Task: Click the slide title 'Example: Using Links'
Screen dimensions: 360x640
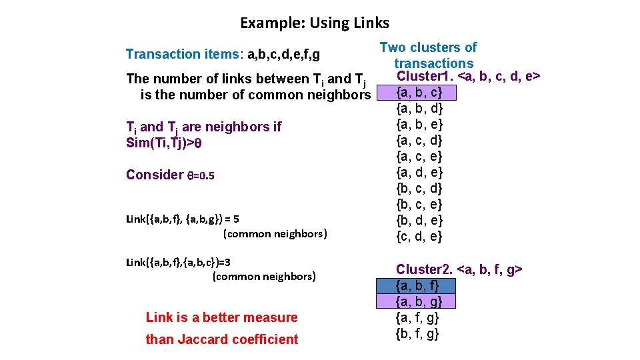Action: pyautogui.click(x=315, y=23)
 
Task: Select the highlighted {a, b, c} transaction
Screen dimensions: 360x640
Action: pyautogui.click(x=419, y=93)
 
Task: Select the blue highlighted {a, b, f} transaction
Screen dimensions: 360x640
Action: pyautogui.click(x=417, y=286)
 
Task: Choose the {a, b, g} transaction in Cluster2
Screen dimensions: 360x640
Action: pyautogui.click(x=417, y=302)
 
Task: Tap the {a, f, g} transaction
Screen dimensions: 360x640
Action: pyautogui.click(x=417, y=318)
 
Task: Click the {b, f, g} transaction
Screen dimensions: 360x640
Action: pyautogui.click(x=417, y=334)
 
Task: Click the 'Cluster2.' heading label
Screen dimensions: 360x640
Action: pyautogui.click(x=424, y=269)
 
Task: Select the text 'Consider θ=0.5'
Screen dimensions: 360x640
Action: pyautogui.click(x=170, y=175)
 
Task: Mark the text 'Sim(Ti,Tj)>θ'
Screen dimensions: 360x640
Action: pyautogui.click(x=163, y=143)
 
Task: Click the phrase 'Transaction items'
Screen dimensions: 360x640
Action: pyautogui.click(x=163, y=54)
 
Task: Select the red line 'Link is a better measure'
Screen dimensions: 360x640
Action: pyautogui.click(x=221, y=317)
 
